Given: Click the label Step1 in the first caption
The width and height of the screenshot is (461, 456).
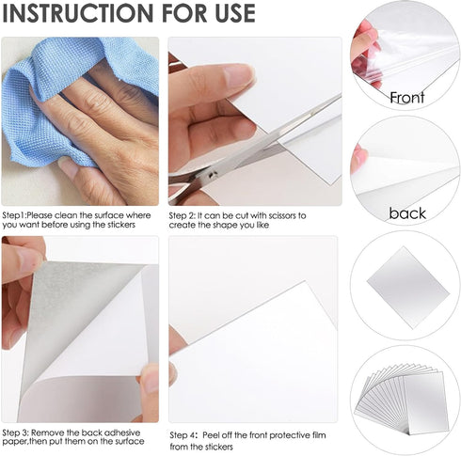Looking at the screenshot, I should (18, 215).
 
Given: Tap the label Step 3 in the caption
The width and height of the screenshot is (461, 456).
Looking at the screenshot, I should (19, 429).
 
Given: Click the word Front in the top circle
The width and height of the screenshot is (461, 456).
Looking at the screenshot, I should (406, 98).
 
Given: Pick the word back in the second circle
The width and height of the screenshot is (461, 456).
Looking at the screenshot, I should (406, 213).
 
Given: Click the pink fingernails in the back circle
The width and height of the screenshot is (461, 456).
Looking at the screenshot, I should (358, 157).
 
